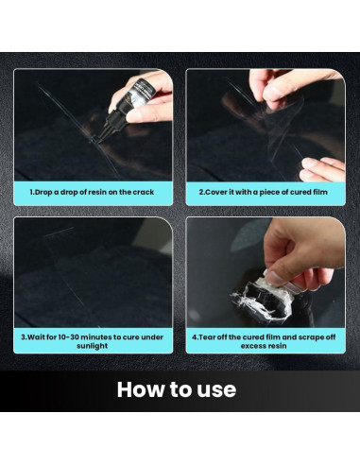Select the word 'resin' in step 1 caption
(x=96, y=192)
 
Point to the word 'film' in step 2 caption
(x=319, y=192)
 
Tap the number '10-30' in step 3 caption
(x=68, y=337)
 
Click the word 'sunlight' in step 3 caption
(x=93, y=346)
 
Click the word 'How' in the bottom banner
(x=141, y=389)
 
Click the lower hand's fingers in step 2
(x=321, y=170)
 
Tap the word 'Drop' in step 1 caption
(x=43, y=192)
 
